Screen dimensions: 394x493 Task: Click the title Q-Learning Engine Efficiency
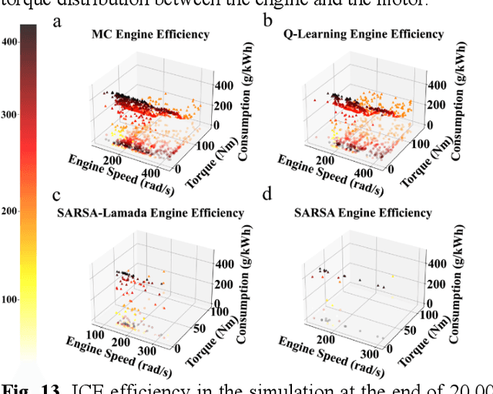point(363,34)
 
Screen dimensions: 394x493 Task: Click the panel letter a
point(56,21)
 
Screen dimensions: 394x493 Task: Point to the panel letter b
point(268,21)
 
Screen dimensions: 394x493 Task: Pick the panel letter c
point(56,195)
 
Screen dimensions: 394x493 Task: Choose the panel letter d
point(268,195)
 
